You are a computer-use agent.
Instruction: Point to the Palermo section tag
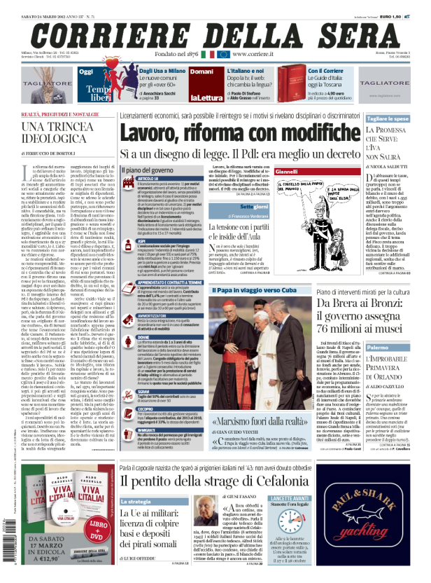click(377, 347)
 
